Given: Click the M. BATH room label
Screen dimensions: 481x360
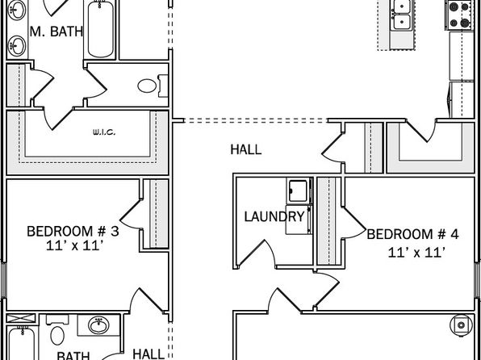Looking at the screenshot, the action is [56, 31].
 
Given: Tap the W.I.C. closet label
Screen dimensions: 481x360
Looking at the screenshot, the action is [104, 132].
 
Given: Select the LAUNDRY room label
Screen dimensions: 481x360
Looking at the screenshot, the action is [274, 216].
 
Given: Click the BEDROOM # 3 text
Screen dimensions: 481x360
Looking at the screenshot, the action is [73, 231].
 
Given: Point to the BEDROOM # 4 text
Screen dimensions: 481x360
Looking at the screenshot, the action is [412, 234].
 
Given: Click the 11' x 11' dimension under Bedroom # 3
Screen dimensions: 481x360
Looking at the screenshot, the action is [74, 245].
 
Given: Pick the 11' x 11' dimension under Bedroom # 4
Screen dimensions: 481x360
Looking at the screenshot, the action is [416, 253].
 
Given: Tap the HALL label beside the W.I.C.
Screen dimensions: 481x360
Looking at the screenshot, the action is [246, 150].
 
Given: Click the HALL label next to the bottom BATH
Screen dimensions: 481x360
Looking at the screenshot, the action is [148, 354].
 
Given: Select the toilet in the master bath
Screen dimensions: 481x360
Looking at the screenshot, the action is [153, 86].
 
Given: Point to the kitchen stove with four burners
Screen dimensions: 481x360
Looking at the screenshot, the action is [459, 15].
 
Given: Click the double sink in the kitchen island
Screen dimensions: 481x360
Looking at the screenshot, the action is [402, 15].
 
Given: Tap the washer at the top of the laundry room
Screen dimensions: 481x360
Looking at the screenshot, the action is [299, 190].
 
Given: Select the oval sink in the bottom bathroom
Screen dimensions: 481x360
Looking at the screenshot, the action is [98, 325].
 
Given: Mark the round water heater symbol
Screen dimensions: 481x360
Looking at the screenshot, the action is [461, 325].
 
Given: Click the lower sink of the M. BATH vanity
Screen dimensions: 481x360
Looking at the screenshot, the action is [17, 46].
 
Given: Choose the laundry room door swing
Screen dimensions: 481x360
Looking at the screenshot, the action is [257, 253].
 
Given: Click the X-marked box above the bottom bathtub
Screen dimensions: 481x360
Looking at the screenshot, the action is [21, 318].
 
